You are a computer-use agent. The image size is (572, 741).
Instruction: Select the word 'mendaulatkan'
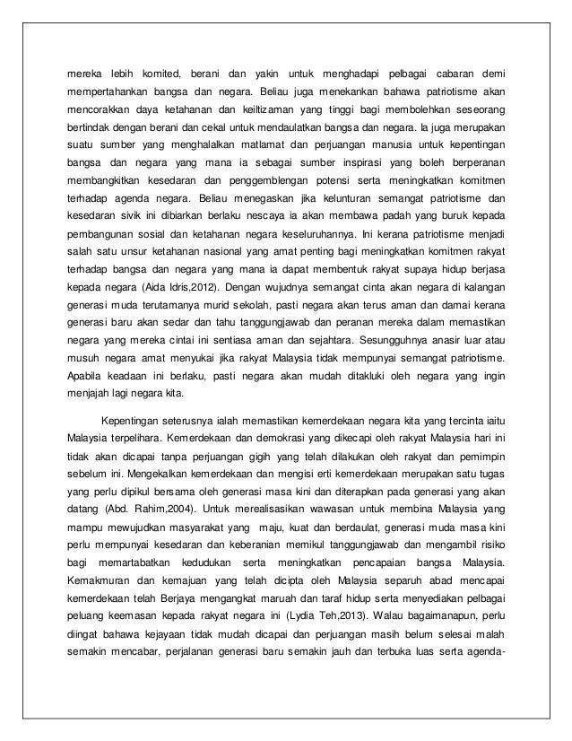[273, 143]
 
